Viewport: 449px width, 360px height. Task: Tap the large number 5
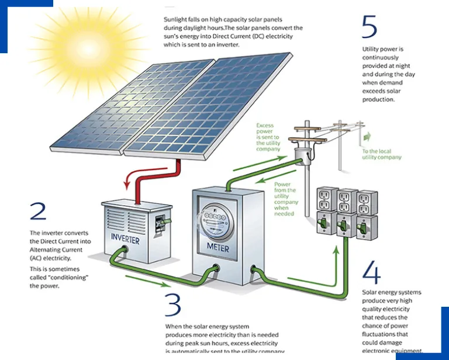click(369, 27)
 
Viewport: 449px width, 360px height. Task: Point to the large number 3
click(173, 304)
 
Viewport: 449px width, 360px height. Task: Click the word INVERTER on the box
click(125, 239)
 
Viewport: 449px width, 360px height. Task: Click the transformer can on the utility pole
click(303, 156)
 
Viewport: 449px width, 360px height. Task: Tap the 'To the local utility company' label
click(381, 154)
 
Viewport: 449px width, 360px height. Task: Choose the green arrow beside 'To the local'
click(367, 137)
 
